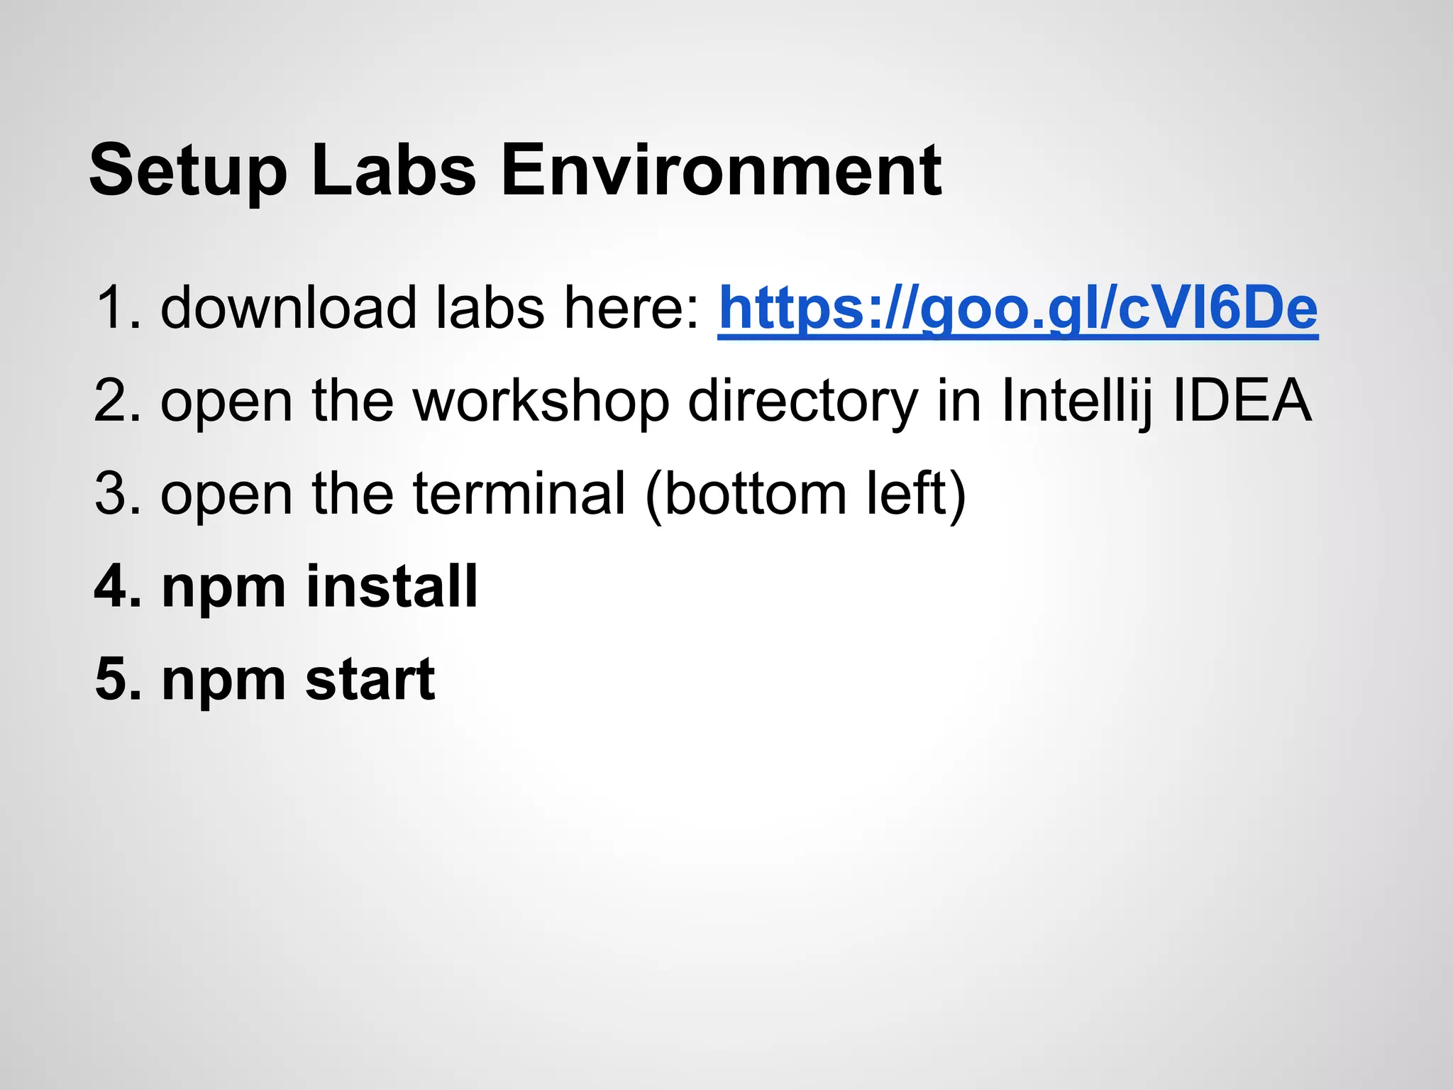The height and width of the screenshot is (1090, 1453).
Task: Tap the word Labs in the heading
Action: (x=394, y=171)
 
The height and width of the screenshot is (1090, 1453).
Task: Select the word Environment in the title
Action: (x=721, y=171)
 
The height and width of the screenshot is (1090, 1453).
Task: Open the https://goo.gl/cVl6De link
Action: (x=1017, y=308)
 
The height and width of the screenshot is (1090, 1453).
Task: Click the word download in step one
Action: (x=288, y=308)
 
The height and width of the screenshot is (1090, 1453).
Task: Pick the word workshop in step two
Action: (x=541, y=401)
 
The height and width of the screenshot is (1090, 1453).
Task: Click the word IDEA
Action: (x=1242, y=401)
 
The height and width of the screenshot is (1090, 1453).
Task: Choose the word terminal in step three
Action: (x=519, y=494)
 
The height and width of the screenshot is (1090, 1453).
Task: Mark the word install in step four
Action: (x=392, y=587)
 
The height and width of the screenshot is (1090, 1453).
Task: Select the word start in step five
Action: (x=370, y=680)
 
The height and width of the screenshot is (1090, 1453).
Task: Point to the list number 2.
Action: (x=116, y=401)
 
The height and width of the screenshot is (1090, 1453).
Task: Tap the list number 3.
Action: (x=116, y=494)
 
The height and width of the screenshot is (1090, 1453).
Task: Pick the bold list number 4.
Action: (x=116, y=587)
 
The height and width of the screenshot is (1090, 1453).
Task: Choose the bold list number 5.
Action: (x=116, y=680)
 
